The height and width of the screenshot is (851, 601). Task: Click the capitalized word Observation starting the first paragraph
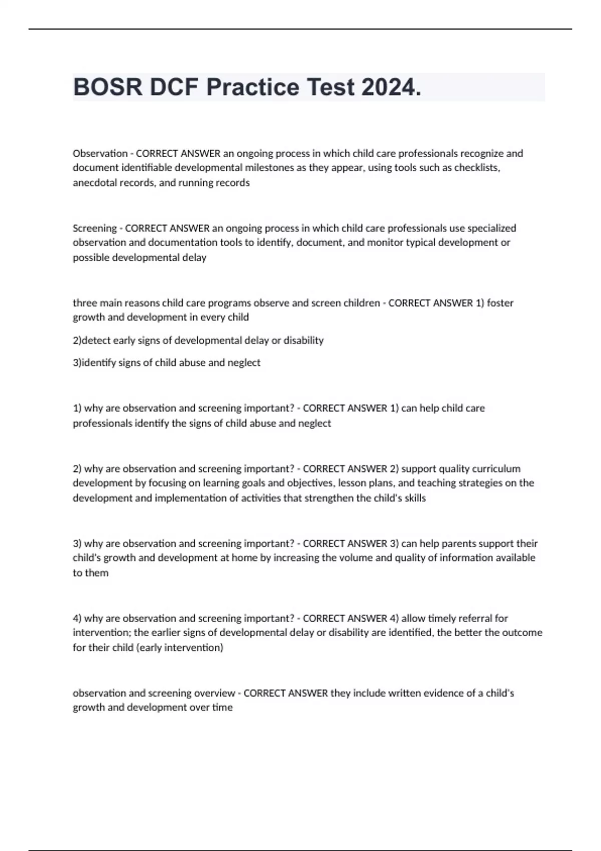coord(100,153)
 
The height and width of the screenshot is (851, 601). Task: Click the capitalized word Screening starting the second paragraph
coord(95,228)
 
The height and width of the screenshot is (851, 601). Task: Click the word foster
coord(500,303)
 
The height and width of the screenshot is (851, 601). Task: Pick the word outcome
coord(523,633)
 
